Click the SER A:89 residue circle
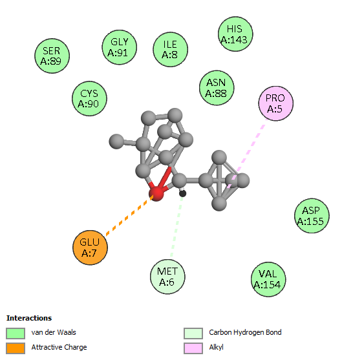52,56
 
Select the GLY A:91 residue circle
120,47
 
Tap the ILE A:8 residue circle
171,50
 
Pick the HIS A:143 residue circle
235,34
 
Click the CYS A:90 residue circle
89,99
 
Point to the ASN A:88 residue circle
217,88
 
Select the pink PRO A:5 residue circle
276,103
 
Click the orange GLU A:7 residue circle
90,248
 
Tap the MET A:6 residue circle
167,277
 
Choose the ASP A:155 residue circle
312,216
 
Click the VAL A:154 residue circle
268,279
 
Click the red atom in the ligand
156,194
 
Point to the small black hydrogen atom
183,194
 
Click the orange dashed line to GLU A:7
129,215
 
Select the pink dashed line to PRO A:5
248,153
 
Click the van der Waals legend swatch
16,334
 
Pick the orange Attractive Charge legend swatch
16,348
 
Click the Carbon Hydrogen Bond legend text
245,332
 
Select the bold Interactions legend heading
29,318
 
